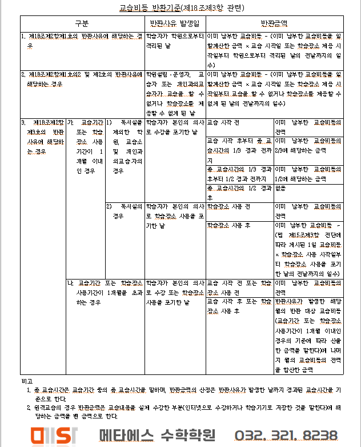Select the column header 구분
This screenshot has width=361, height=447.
pyautogui.click(x=82, y=23)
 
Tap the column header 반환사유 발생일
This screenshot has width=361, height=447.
pyautogui.click(x=175, y=23)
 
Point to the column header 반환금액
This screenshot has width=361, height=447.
pyautogui.click(x=274, y=23)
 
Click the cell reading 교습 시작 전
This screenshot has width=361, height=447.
pyautogui.click(x=224, y=123)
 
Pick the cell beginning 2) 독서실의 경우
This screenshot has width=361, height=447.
pyautogui.click(x=124, y=210)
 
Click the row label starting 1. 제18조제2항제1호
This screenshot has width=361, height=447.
pyautogui.click(x=82, y=40)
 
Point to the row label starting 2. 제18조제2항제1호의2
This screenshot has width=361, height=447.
pyautogui.click(x=82, y=78)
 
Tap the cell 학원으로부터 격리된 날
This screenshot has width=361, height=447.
pyautogui.click(x=175, y=40)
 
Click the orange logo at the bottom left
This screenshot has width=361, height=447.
pyautogui.click(x=55, y=434)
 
